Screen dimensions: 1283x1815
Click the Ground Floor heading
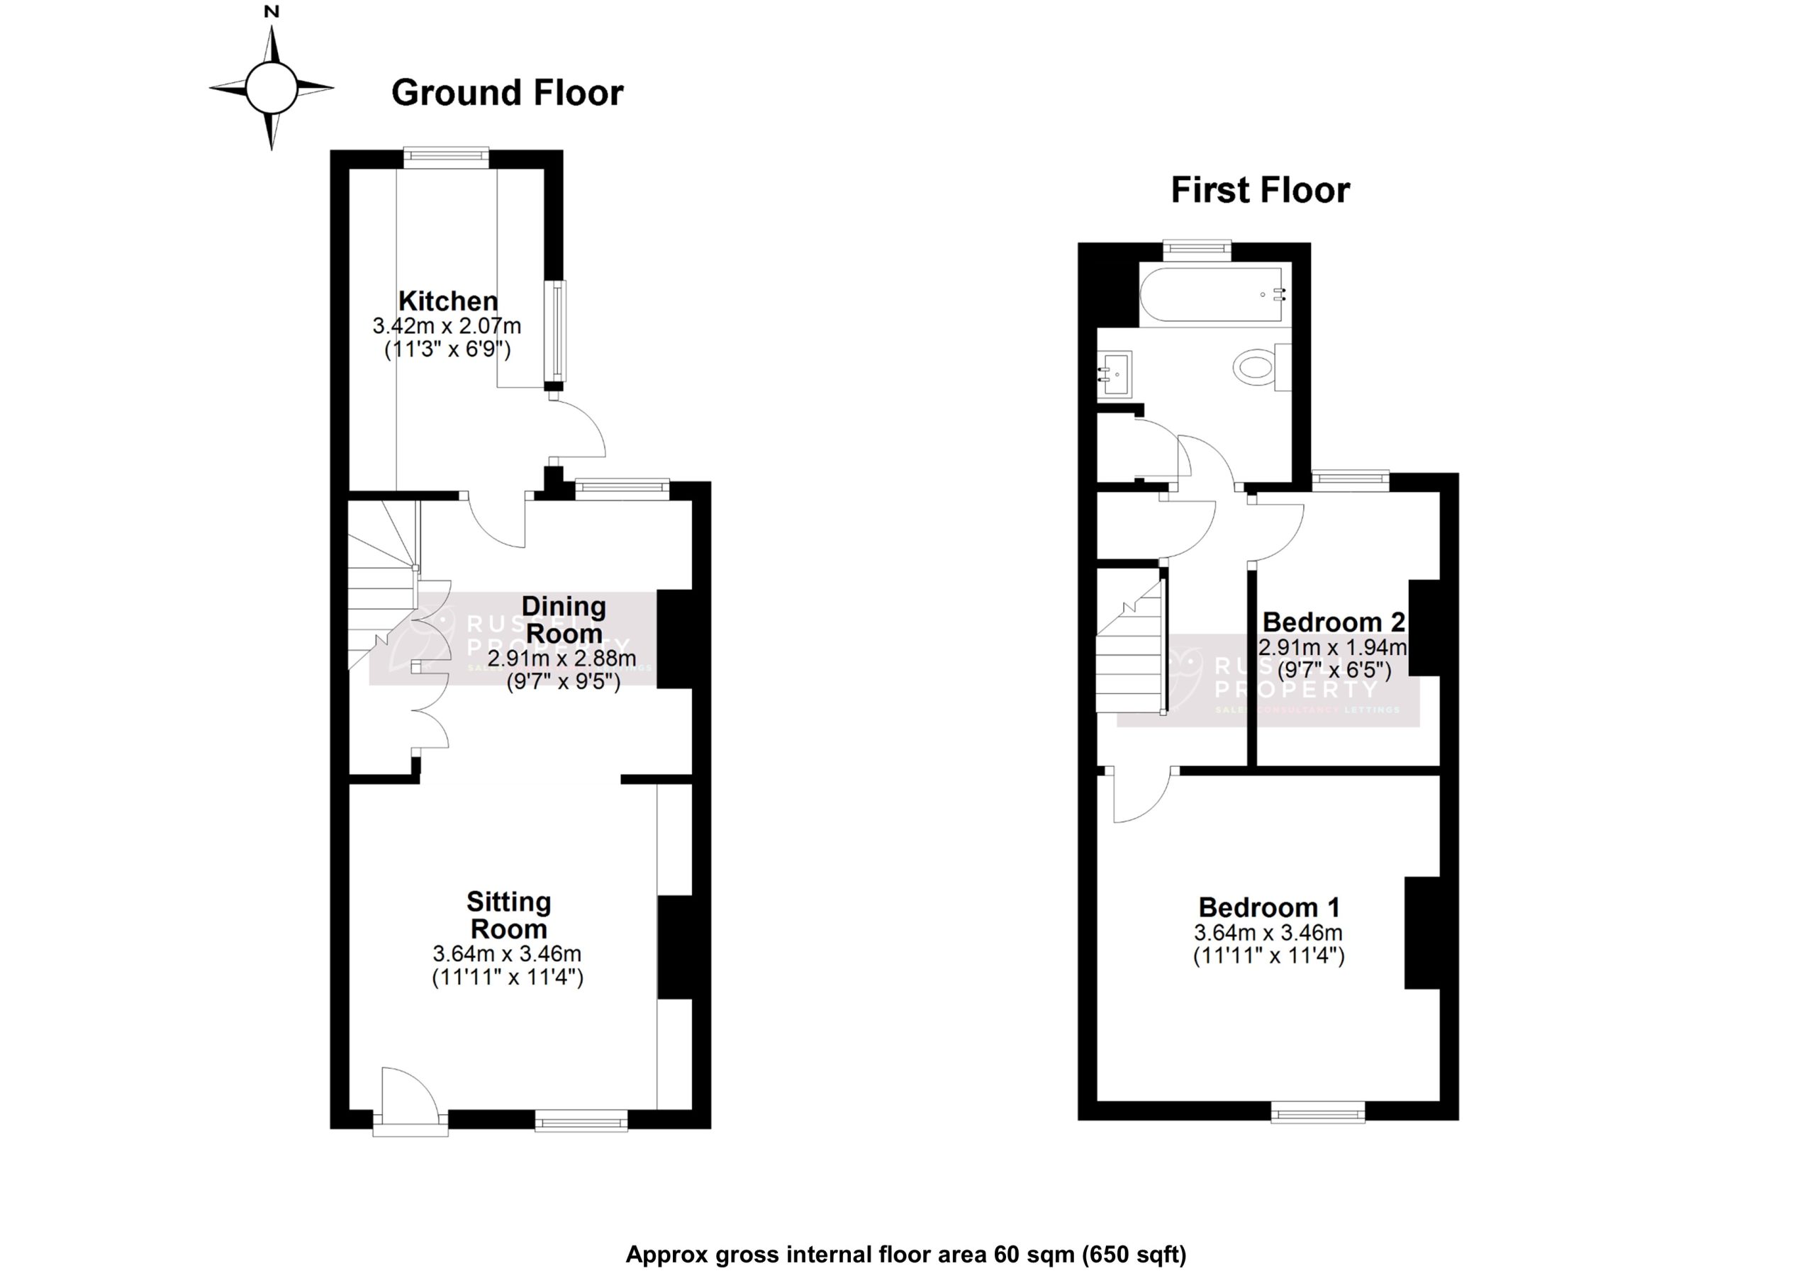(508, 94)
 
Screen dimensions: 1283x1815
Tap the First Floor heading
(1260, 191)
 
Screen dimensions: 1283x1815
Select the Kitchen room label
(448, 301)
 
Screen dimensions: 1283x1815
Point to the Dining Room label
(564, 620)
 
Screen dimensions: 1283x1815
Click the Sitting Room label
(508, 914)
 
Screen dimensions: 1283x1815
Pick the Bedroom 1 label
(1269, 907)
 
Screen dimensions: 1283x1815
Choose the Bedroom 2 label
(1334, 622)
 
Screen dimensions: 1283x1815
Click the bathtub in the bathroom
(1211, 295)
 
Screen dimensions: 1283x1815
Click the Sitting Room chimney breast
(674, 946)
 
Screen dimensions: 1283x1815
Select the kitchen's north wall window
(446, 157)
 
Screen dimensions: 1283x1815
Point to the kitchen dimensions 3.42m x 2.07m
(447, 325)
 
